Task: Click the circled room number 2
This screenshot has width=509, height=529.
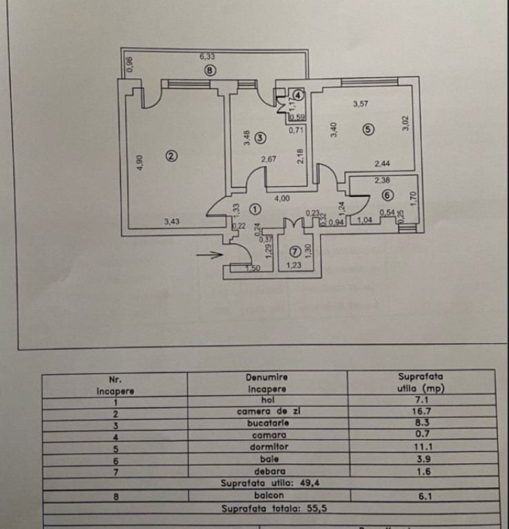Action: click(172, 156)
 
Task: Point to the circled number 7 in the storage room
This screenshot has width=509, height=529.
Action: click(295, 251)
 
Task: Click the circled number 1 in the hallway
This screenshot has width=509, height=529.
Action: click(255, 207)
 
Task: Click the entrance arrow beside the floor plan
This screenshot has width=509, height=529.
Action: click(209, 255)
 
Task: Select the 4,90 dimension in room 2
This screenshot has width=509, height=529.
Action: click(140, 163)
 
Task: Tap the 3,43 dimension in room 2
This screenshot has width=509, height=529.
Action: click(174, 221)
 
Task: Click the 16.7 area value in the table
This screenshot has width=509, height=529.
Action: click(421, 413)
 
